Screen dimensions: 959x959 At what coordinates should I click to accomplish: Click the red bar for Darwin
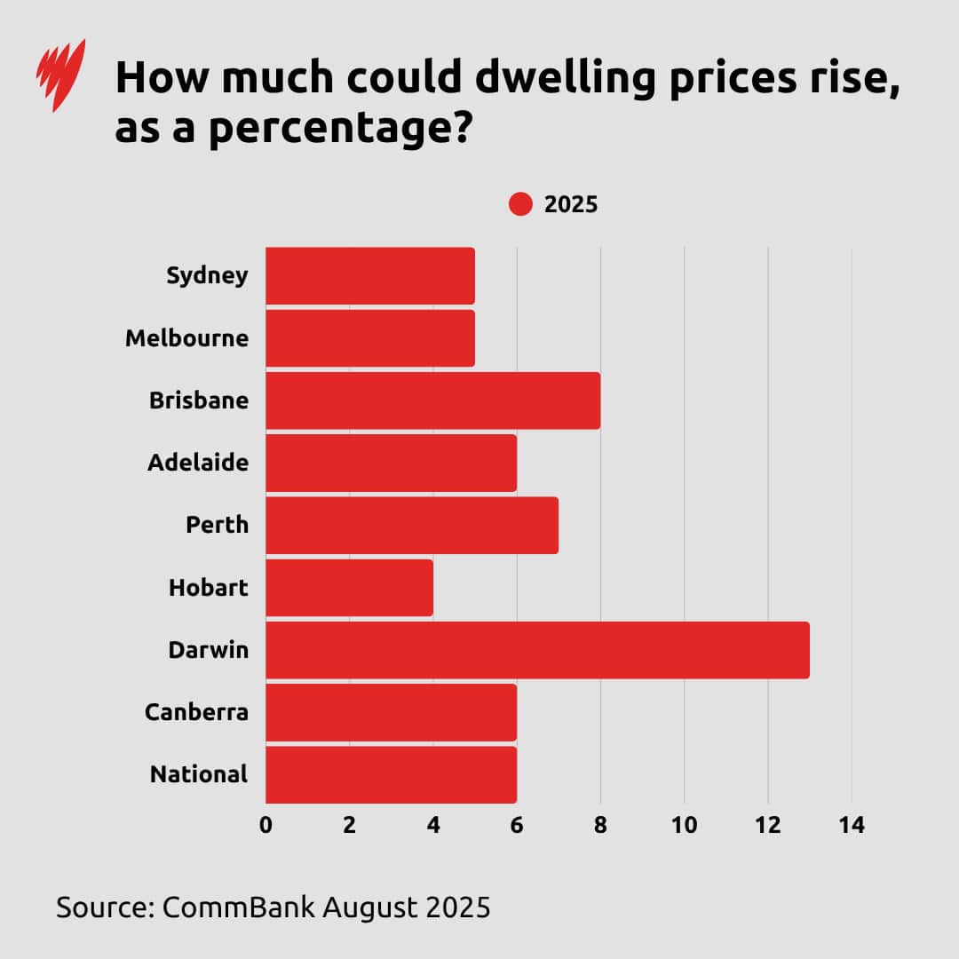(x=537, y=650)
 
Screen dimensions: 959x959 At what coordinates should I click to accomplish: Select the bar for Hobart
(x=349, y=588)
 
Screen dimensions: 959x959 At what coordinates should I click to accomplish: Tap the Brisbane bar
(x=432, y=400)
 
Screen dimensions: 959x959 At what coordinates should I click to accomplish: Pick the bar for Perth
(x=412, y=525)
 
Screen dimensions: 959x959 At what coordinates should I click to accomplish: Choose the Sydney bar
(x=370, y=275)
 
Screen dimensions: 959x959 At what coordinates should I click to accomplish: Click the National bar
(x=391, y=774)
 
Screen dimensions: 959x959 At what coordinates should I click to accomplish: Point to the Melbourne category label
(x=186, y=338)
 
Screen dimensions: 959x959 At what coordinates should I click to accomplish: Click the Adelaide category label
(x=198, y=463)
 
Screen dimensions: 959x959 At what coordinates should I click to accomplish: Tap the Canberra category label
(x=196, y=712)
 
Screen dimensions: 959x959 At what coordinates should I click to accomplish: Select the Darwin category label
(x=208, y=650)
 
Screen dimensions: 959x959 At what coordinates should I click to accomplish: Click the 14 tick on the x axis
(x=851, y=825)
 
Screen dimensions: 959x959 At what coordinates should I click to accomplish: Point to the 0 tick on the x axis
(x=266, y=825)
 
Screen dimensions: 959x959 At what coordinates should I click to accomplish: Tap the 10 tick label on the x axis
(x=684, y=825)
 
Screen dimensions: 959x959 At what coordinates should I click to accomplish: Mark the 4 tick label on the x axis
(x=433, y=825)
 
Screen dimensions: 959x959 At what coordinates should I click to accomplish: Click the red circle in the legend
(x=520, y=204)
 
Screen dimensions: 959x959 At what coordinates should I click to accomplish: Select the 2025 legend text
(x=571, y=204)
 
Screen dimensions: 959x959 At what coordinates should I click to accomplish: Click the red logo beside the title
(x=60, y=75)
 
